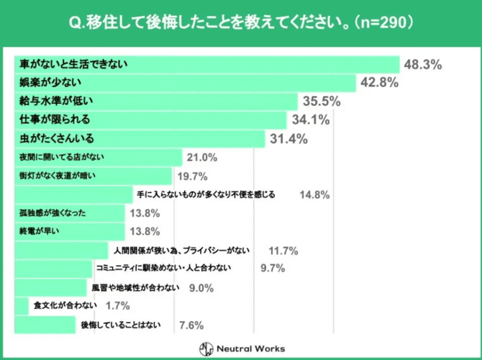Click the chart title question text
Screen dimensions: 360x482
(240, 22)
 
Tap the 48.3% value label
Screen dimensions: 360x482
(422, 65)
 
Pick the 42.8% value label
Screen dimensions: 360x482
(379, 83)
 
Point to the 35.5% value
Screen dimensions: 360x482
(320, 102)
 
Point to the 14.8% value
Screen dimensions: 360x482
(314, 194)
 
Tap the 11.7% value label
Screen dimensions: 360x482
(283, 251)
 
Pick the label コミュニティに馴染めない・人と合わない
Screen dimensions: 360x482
(163, 269)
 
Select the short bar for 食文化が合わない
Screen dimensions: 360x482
(21, 306)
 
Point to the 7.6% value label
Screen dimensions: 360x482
(191, 325)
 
